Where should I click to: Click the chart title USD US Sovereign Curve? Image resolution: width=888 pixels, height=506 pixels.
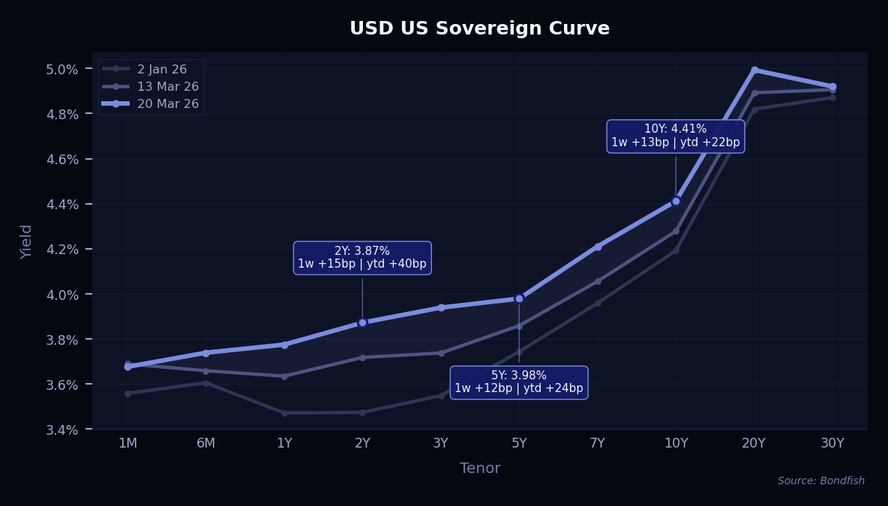[x=479, y=28]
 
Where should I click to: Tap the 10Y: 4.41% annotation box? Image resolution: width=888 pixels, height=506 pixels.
[x=675, y=136]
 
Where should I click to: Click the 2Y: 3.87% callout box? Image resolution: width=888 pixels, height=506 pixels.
[x=362, y=257]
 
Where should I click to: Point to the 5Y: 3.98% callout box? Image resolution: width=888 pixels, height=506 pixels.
[x=518, y=382]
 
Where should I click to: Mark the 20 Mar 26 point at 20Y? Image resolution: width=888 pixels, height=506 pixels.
[x=754, y=70]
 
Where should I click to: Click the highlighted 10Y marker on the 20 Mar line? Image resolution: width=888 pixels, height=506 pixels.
[x=676, y=201]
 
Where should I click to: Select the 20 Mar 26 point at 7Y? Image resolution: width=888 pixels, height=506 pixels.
[x=598, y=247]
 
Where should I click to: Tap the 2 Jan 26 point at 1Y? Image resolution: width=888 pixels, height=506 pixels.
[x=284, y=413]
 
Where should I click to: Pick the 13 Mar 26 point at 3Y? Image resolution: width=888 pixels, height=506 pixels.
[x=441, y=353]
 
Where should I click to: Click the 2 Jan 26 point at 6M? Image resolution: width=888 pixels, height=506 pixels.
[x=205, y=383]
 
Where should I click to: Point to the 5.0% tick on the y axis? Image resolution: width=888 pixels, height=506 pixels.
[x=63, y=69]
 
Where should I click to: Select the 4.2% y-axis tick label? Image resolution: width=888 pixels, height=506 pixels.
[x=63, y=249]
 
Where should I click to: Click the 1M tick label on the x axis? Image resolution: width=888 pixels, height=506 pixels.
[x=127, y=443]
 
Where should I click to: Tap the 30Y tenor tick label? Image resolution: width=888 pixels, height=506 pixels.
[x=832, y=443]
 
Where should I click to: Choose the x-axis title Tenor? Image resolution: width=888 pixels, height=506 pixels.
[x=480, y=469]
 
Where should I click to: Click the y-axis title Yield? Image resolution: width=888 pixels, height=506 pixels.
[x=27, y=241]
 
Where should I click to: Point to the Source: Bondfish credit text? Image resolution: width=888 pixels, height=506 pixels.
[x=820, y=481]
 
